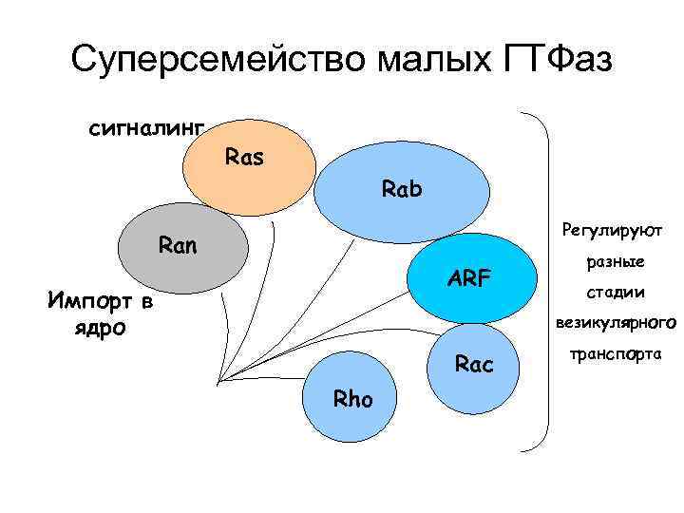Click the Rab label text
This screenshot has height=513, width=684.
point(402,189)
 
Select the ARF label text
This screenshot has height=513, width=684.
point(470,278)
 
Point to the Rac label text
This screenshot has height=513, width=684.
point(475,364)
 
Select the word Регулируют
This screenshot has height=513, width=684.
point(612,229)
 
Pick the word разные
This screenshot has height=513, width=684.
point(616,261)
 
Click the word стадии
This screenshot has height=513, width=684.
point(616,292)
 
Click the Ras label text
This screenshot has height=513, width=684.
point(245,156)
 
